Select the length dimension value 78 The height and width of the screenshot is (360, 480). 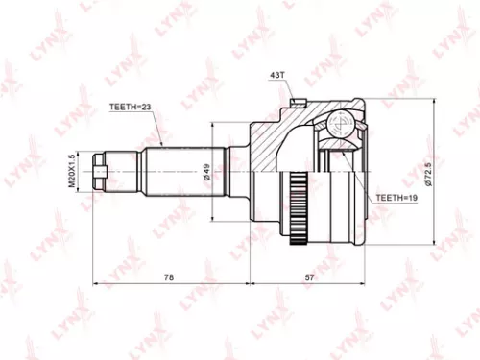point(169,276)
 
